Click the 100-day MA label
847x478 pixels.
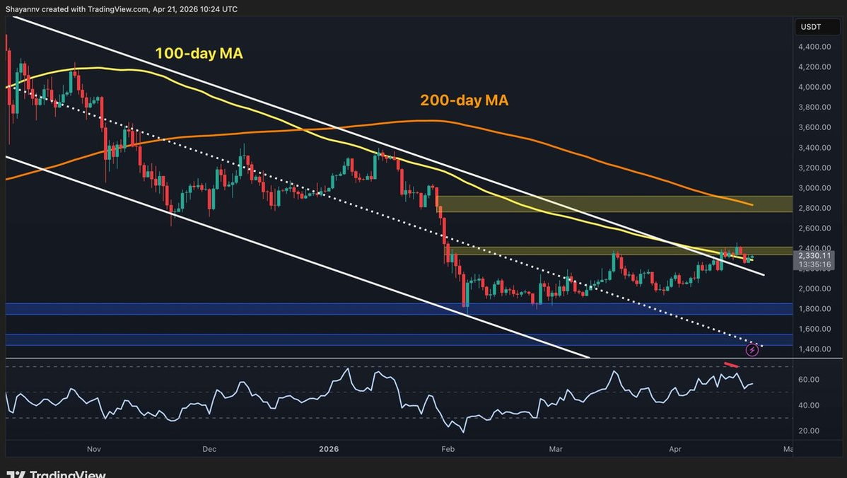coord(199,53)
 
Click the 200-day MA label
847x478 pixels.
coord(464,100)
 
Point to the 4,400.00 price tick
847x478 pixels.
coord(815,47)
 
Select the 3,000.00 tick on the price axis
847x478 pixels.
coord(815,188)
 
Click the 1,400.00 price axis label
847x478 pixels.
coord(815,349)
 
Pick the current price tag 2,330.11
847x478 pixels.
coord(815,255)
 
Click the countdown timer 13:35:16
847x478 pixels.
coord(815,264)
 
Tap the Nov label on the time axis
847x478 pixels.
coord(94,449)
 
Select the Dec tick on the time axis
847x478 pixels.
coord(209,449)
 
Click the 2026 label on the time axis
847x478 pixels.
coord(329,449)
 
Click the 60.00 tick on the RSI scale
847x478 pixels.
coord(809,380)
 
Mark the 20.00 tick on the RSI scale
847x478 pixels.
coord(809,431)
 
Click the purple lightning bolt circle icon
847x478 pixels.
coord(752,350)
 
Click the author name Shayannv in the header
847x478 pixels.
coord(22,9)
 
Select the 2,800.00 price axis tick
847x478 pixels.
coord(815,208)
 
